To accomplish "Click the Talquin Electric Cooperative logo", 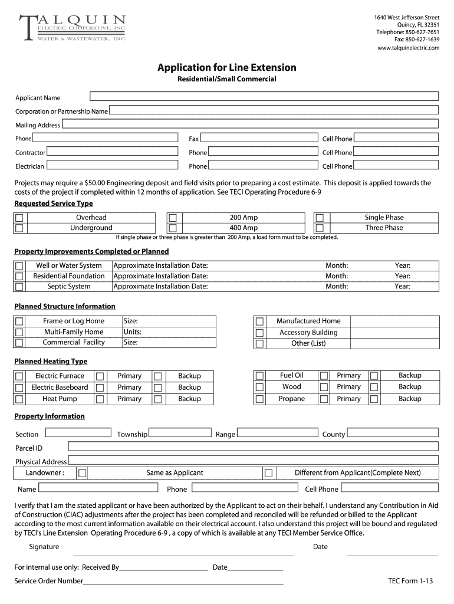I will pyautogui.click(x=73, y=28).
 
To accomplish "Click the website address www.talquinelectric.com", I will pyautogui.click(x=408, y=48).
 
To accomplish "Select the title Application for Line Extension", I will pyautogui.click(x=226, y=67).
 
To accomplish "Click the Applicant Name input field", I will pyautogui.click(x=264, y=96).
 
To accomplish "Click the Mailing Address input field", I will pyautogui.click(x=250, y=124).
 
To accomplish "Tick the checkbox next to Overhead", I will pyautogui.click(x=19, y=218).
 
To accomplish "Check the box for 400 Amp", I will pyautogui.click(x=173, y=228).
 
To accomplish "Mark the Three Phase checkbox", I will pyautogui.click(x=319, y=228).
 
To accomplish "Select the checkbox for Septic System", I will pyautogui.click(x=19, y=287).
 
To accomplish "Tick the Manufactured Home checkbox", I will pyautogui.click(x=259, y=321).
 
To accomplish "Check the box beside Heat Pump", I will pyautogui.click(x=19, y=399).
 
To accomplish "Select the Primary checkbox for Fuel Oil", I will pyautogui.click(x=324, y=376).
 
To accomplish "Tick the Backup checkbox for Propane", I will pyautogui.click(x=374, y=399).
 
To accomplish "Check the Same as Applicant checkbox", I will pyautogui.click(x=83, y=473).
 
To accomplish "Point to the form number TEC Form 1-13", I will pyautogui.click(x=410, y=581).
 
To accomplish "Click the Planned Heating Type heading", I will pyautogui.click(x=51, y=361).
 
